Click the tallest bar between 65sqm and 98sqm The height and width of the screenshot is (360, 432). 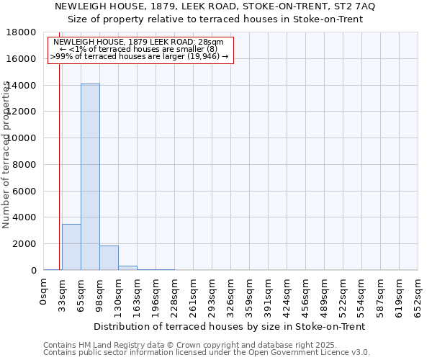click(90, 176)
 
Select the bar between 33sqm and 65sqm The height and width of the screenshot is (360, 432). click(71, 247)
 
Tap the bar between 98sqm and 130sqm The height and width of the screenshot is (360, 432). click(109, 258)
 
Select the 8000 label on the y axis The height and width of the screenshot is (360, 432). click(24, 165)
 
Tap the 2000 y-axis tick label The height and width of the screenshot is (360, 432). click(24, 244)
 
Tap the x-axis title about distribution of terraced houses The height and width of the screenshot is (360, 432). click(229, 326)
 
